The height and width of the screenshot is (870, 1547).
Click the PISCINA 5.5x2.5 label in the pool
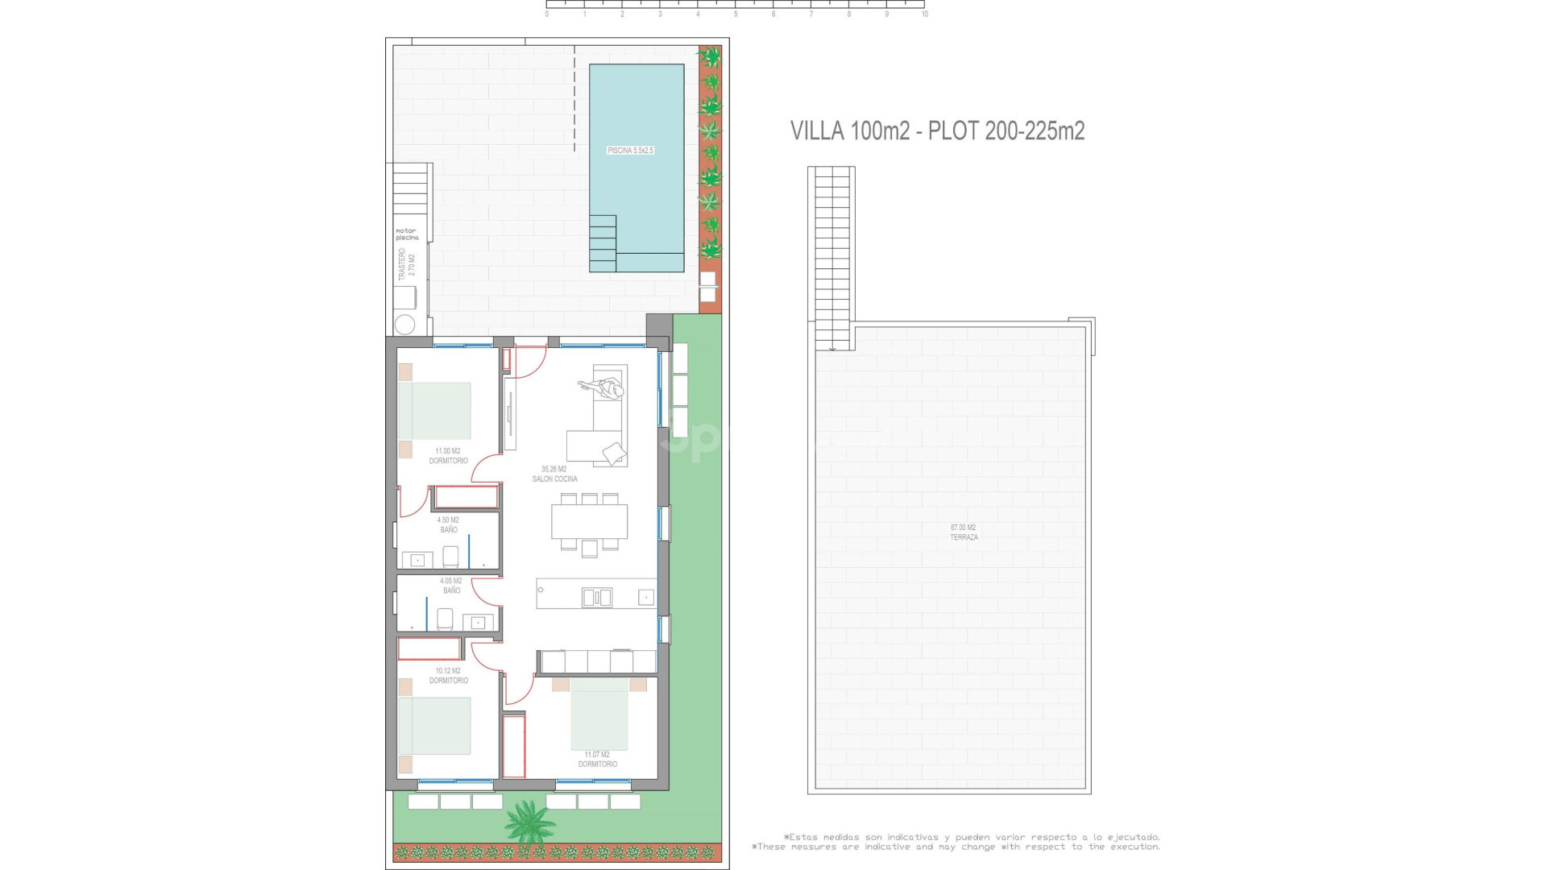(630, 151)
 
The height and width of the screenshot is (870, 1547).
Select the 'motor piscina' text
(407, 234)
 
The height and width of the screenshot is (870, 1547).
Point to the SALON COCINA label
(554, 474)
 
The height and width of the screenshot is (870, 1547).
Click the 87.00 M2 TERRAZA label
(964, 532)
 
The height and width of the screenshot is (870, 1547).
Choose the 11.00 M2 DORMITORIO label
(448, 456)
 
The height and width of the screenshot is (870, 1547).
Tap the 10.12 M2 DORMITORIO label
(448, 676)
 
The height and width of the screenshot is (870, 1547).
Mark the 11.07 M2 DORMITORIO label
(597, 760)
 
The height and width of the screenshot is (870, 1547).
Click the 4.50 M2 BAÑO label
(448, 525)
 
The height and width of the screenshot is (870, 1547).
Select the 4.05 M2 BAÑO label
(451, 586)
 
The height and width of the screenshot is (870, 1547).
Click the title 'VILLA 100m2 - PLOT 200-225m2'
(937, 130)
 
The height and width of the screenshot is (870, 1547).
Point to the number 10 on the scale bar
(924, 14)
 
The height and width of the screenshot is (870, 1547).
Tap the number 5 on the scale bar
(736, 14)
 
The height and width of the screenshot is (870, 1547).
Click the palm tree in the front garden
(530, 822)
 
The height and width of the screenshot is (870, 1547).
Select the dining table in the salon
(589, 521)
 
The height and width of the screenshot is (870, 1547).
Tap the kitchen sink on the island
(597, 597)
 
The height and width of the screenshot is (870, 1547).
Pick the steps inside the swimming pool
(603, 243)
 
